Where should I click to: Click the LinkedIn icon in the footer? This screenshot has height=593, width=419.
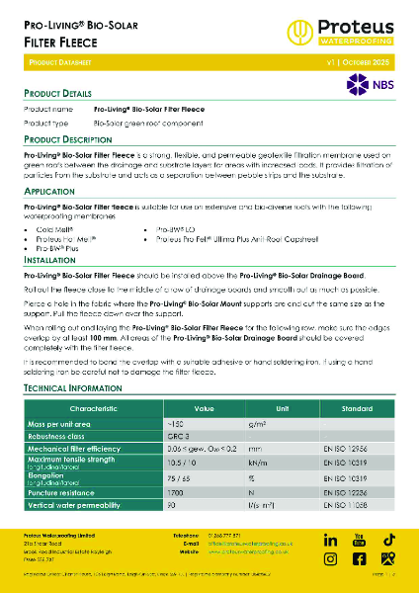pos(330,540)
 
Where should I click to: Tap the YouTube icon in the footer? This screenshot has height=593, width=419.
pos(358,540)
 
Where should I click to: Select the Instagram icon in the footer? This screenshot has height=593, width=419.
pos(330,558)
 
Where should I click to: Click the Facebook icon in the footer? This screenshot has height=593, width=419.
pos(358,558)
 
